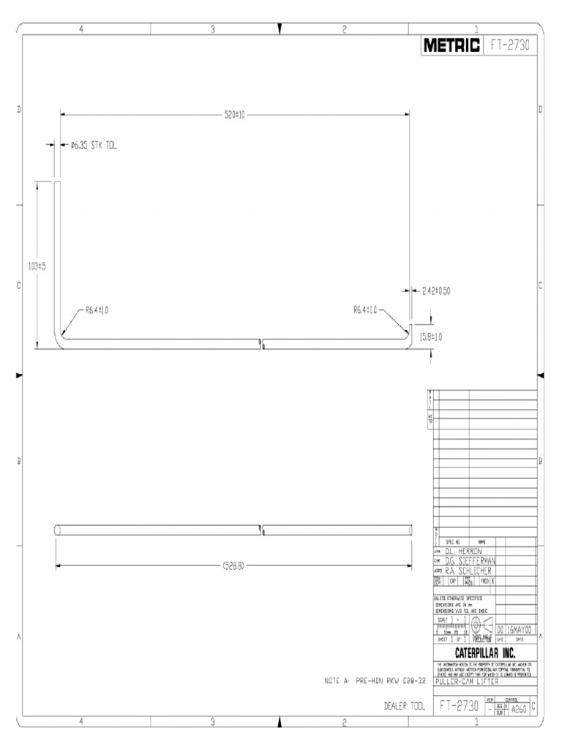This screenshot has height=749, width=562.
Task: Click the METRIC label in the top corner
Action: click(x=452, y=46)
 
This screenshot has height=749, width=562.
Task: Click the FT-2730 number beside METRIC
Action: click(x=510, y=46)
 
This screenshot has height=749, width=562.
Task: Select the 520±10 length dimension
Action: click(x=234, y=114)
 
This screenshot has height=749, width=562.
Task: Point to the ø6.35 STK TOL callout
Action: click(x=94, y=146)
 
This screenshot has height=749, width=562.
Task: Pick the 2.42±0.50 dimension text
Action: click(x=435, y=290)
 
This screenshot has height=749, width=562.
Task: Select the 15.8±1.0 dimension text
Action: click(x=430, y=336)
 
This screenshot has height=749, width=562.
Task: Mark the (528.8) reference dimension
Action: click(x=233, y=565)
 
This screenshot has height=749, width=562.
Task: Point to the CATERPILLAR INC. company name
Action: click(x=484, y=652)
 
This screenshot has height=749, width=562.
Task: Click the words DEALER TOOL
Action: click(x=404, y=707)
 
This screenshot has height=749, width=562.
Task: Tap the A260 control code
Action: click(x=519, y=708)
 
